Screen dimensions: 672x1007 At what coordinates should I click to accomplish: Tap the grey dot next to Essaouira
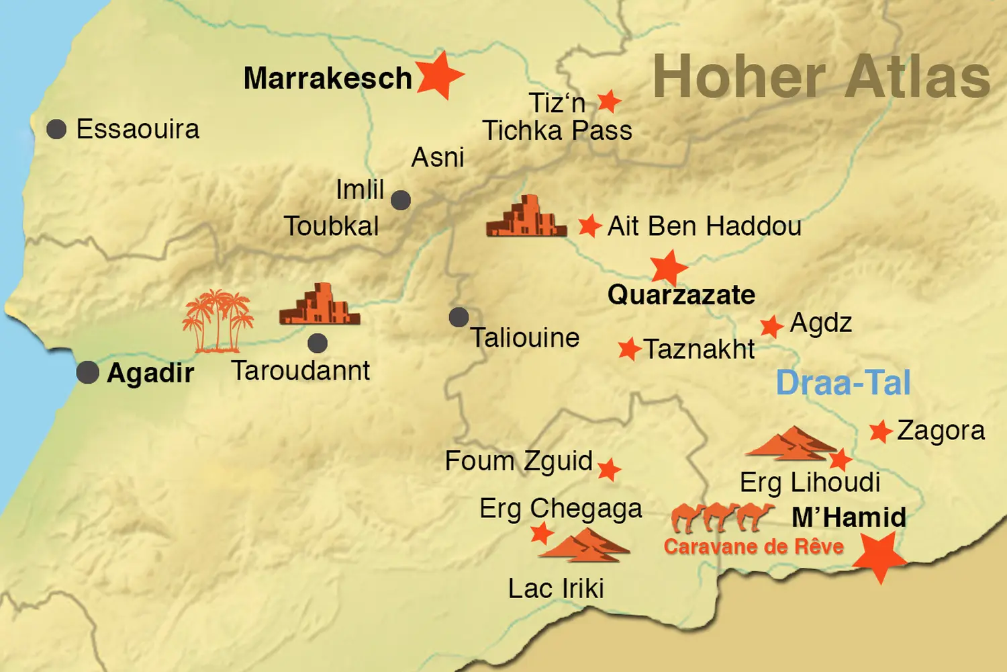[56, 129]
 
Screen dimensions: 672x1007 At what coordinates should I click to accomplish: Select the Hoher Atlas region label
[821, 77]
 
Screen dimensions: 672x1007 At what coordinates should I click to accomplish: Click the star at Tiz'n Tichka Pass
[609, 101]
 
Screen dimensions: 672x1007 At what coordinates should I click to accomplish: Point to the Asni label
[438, 158]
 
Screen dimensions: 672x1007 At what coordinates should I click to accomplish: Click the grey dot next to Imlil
[401, 200]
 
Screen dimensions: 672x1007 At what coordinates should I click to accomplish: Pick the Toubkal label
[332, 226]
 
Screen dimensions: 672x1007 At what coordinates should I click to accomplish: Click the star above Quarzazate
[669, 267]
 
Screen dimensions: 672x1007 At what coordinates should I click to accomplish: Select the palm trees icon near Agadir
[218, 321]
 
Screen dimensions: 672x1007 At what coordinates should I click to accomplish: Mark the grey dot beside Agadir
[88, 372]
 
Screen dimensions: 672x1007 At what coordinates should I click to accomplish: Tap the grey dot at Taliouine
[459, 317]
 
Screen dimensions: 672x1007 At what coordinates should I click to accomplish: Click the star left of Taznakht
[629, 349]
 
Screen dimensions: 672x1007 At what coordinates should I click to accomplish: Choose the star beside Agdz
[771, 327]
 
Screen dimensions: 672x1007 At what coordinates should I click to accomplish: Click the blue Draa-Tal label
[843, 383]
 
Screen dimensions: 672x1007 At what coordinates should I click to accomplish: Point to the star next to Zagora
[880, 431]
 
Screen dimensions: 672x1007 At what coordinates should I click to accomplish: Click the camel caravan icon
[722, 517]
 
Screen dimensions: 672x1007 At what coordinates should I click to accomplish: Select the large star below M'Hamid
[880, 556]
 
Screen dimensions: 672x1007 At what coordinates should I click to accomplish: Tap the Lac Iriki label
[556, 589]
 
